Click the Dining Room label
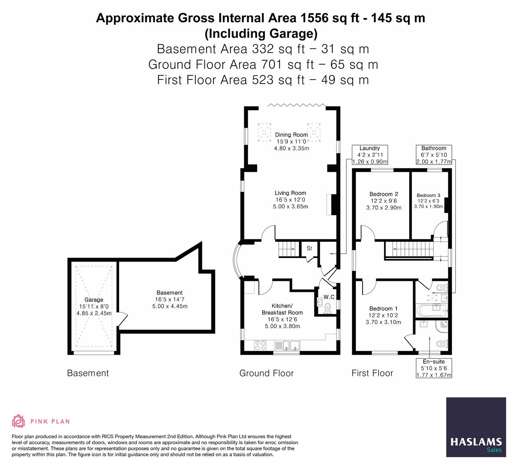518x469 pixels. pyautogui.click(x=291, y=135)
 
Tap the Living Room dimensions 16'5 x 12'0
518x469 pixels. pyautogui.click(x=290, y=200)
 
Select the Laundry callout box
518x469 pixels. pyautogui.click(x=369, y=155)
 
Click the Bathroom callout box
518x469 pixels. pyautogui.click(x=434, y=155)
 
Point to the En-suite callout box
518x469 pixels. pyautogui.click(x=434, y=368)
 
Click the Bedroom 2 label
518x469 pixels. pyautogui.click(x=384, y=194)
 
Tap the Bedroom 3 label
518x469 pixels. pyautogui.click(x=428, y=195)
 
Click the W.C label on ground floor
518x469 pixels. pyautogui.click(x=329, y=297)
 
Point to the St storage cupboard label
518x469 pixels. pyautogui.click(x=310, y=248)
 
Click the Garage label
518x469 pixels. pyautogui.click(x=94, y=300)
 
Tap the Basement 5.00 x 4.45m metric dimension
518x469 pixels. pyautogui.click(x=170, y=306)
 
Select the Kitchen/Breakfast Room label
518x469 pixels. pyautogui.click(x=282, y=309)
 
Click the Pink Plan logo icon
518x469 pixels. pyautogui.click(x=18, y=421)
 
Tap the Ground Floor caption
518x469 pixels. pyautogui.click(x=266, y=373)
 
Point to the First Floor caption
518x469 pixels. pyautogui.click(x=372, y=373)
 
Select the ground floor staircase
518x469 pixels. pyautogui.click(x=287, y=249)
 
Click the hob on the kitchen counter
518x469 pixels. pyautogui.click(x=260, y=345)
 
